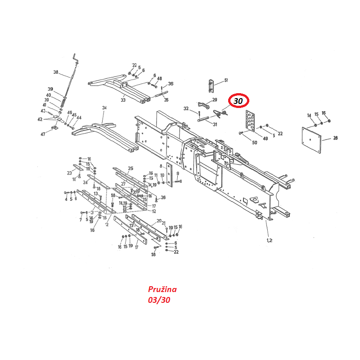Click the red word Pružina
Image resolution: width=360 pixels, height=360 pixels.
point(162,289)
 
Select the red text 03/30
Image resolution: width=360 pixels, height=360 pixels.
point(159,299)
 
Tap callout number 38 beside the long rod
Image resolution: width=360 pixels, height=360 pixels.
point(56,72)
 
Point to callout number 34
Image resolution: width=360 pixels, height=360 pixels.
point(104,108)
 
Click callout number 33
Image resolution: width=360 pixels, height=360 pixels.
point(123,100)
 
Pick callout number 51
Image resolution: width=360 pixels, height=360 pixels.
point(226,80)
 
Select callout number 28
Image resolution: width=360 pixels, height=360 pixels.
point(336,139)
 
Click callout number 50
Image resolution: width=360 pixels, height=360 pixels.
point(255,143)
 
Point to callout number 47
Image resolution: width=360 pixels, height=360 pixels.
point(43,134)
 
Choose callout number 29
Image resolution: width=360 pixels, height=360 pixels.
point(215,99)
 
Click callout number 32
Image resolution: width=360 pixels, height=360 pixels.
point(186,108)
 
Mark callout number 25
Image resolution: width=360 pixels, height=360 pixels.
point(130,169)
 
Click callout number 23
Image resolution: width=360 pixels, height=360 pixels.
point(69,173)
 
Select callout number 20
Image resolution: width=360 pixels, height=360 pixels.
point(159,220)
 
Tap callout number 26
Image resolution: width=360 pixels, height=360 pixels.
point(163,197)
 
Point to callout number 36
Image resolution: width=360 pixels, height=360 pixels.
point(171,84)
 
